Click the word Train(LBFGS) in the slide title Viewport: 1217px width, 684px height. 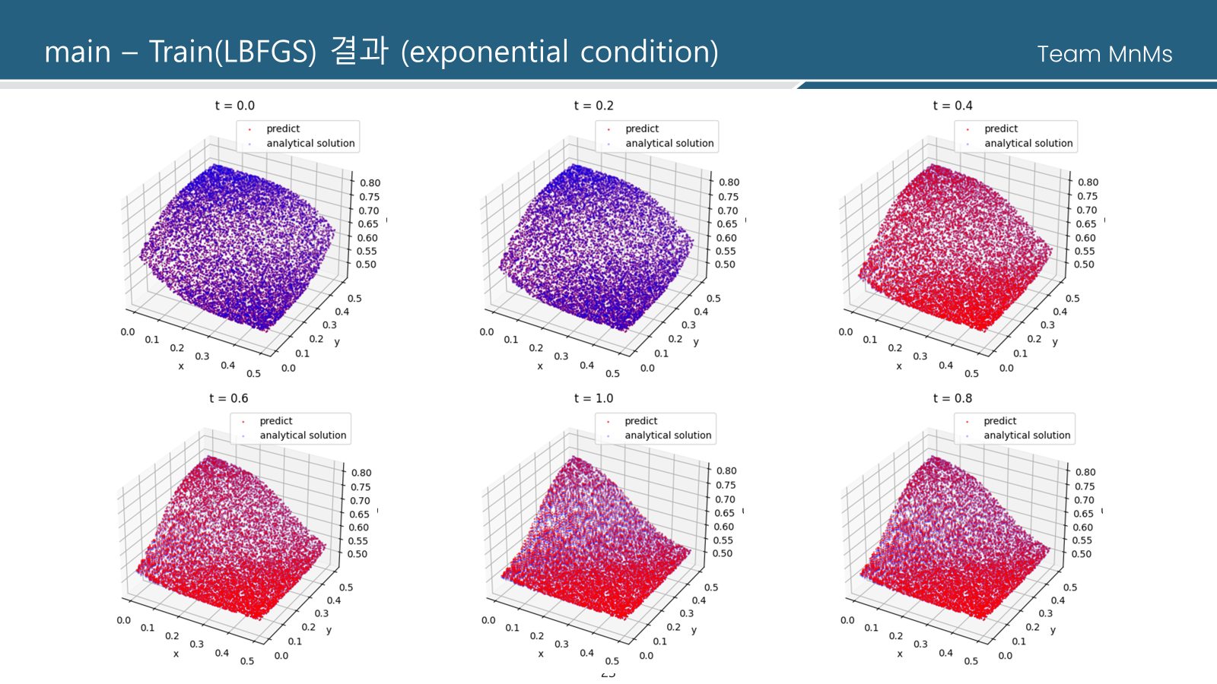coord(232,52)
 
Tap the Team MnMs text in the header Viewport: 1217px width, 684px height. coord(1104,54)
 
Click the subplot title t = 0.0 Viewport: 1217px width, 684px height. coord(234,106)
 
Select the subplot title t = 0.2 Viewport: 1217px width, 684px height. coord(593,106)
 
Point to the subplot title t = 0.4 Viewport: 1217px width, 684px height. coord(952,106)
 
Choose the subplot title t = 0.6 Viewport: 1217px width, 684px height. coord(228,398)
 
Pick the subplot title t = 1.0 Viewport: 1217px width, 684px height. coord(593,398)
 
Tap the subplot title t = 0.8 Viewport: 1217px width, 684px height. coord(952,398)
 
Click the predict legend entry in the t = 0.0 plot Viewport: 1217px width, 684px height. coord(283,129)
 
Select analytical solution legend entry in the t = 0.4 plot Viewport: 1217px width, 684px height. coord(1028,144)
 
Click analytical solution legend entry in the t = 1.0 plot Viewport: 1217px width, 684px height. coord(668,435)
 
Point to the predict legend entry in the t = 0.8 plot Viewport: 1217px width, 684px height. coord(999,421)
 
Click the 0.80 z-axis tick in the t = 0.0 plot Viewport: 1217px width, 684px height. coord(370,183)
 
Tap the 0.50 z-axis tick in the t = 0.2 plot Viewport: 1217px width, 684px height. coord(725,264)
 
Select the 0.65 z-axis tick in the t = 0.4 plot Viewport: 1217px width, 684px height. coord(1085,224)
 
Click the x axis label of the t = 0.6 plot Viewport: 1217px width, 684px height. coord(176,654)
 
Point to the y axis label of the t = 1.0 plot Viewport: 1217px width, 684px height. coord(694,630)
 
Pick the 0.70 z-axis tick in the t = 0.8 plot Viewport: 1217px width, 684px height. coord(1084,500)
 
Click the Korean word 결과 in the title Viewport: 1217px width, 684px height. coord(359,51)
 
